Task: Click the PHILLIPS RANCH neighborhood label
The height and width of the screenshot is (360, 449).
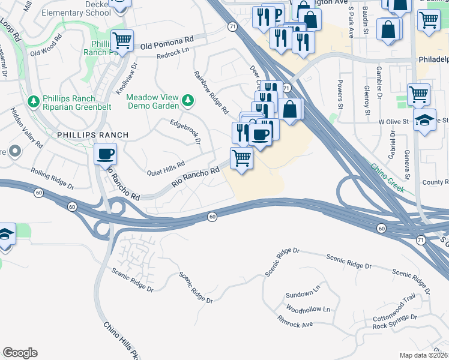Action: [x=92, y=135]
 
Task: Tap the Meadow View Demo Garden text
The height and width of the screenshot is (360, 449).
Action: [x=154, y=101]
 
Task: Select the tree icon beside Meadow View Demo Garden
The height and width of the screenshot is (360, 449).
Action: [x=188, y=100]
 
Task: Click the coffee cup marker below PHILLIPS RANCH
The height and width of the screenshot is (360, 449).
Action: [x=105, y=155]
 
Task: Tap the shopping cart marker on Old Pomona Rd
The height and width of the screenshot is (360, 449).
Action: [x=122, y=41]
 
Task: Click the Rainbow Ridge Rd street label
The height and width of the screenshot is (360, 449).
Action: [x=211, y=92]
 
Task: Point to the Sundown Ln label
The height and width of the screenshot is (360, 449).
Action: [x=300, y=294]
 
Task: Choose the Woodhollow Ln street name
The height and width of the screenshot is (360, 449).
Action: [x=309, y=310]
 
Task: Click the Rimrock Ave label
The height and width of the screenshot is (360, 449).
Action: [x=296, y=325]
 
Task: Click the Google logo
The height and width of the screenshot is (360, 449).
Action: [x=20, y=353]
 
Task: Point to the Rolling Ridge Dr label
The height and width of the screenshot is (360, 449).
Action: [x=52, y=179]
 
